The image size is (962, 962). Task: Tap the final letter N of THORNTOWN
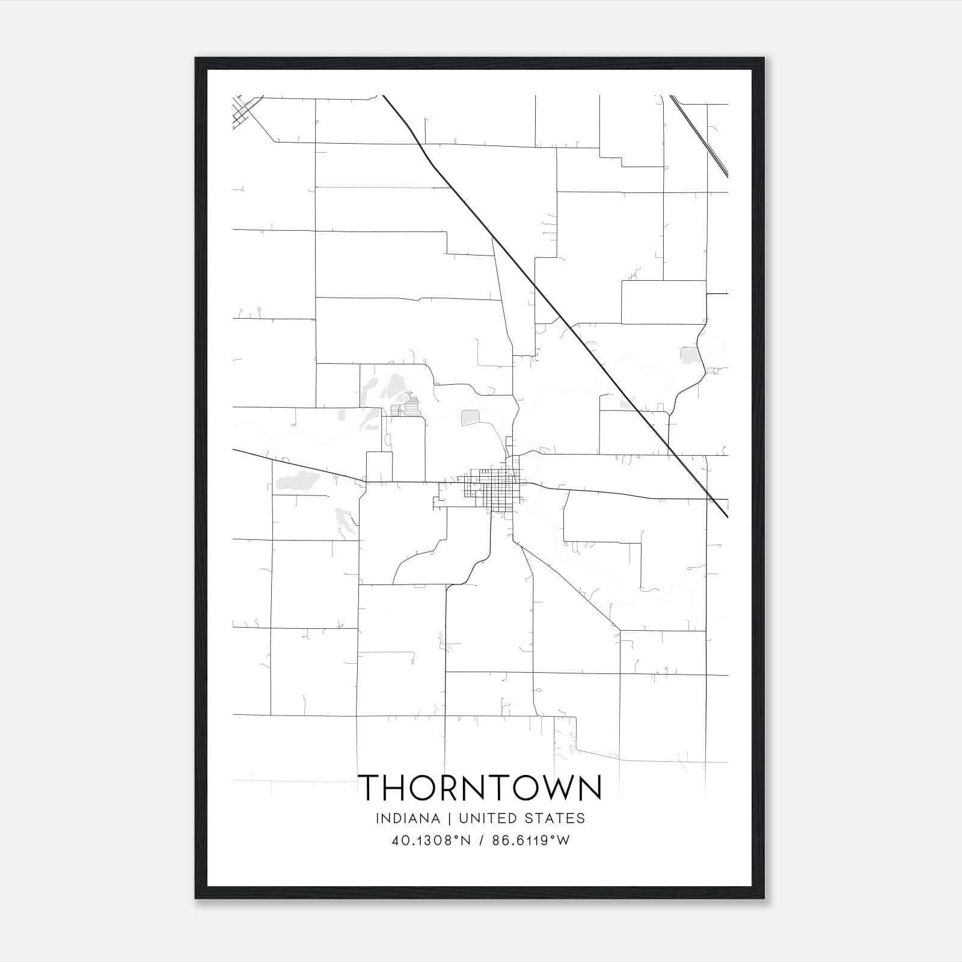[x=589, y=788]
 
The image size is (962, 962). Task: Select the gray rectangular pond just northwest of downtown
[x=468, y=417]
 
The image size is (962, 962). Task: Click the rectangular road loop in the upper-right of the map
[x=663, y=302]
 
